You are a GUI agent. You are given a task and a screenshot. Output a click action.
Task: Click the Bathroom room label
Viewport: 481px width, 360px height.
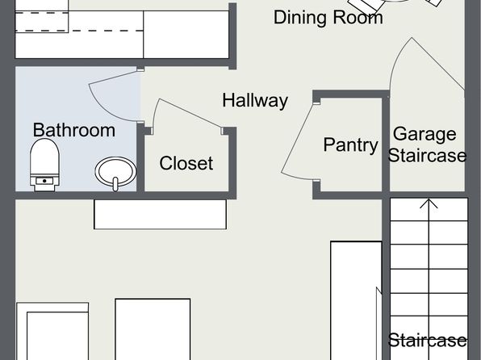click(74, 130)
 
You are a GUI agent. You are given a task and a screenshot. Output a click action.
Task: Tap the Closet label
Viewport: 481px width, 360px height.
click(186, 163)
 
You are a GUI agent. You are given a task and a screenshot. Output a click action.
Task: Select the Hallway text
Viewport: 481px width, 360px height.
click(255, 100)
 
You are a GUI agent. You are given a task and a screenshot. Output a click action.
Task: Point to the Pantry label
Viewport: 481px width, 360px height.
click(350, 144)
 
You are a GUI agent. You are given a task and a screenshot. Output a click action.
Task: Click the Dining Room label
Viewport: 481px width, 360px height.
click(328, 18)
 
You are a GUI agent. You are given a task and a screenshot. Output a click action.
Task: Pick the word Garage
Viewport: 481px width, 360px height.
click(425, 135)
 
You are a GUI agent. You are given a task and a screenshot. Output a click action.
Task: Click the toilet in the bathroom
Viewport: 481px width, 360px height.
click(44, 165)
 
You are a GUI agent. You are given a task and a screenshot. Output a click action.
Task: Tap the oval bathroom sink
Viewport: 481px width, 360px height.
click(115, 171)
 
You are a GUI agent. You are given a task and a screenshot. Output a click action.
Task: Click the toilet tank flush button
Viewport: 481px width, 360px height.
click(44, 181)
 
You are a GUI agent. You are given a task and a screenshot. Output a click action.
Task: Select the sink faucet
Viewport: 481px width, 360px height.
click(115, 183)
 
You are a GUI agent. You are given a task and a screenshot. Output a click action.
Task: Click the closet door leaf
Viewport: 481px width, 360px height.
click(190, 113)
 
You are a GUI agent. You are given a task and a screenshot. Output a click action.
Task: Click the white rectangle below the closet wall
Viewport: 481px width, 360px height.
click(160, 214)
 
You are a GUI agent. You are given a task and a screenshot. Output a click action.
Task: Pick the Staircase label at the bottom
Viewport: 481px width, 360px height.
click(427, 340)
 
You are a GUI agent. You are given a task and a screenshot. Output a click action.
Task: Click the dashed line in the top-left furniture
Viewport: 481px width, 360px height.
click(79, 31)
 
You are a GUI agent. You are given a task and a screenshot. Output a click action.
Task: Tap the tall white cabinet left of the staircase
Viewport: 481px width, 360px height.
click(356, 300)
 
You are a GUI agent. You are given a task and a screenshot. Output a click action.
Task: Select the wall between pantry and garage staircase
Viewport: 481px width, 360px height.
click(386, 144)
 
